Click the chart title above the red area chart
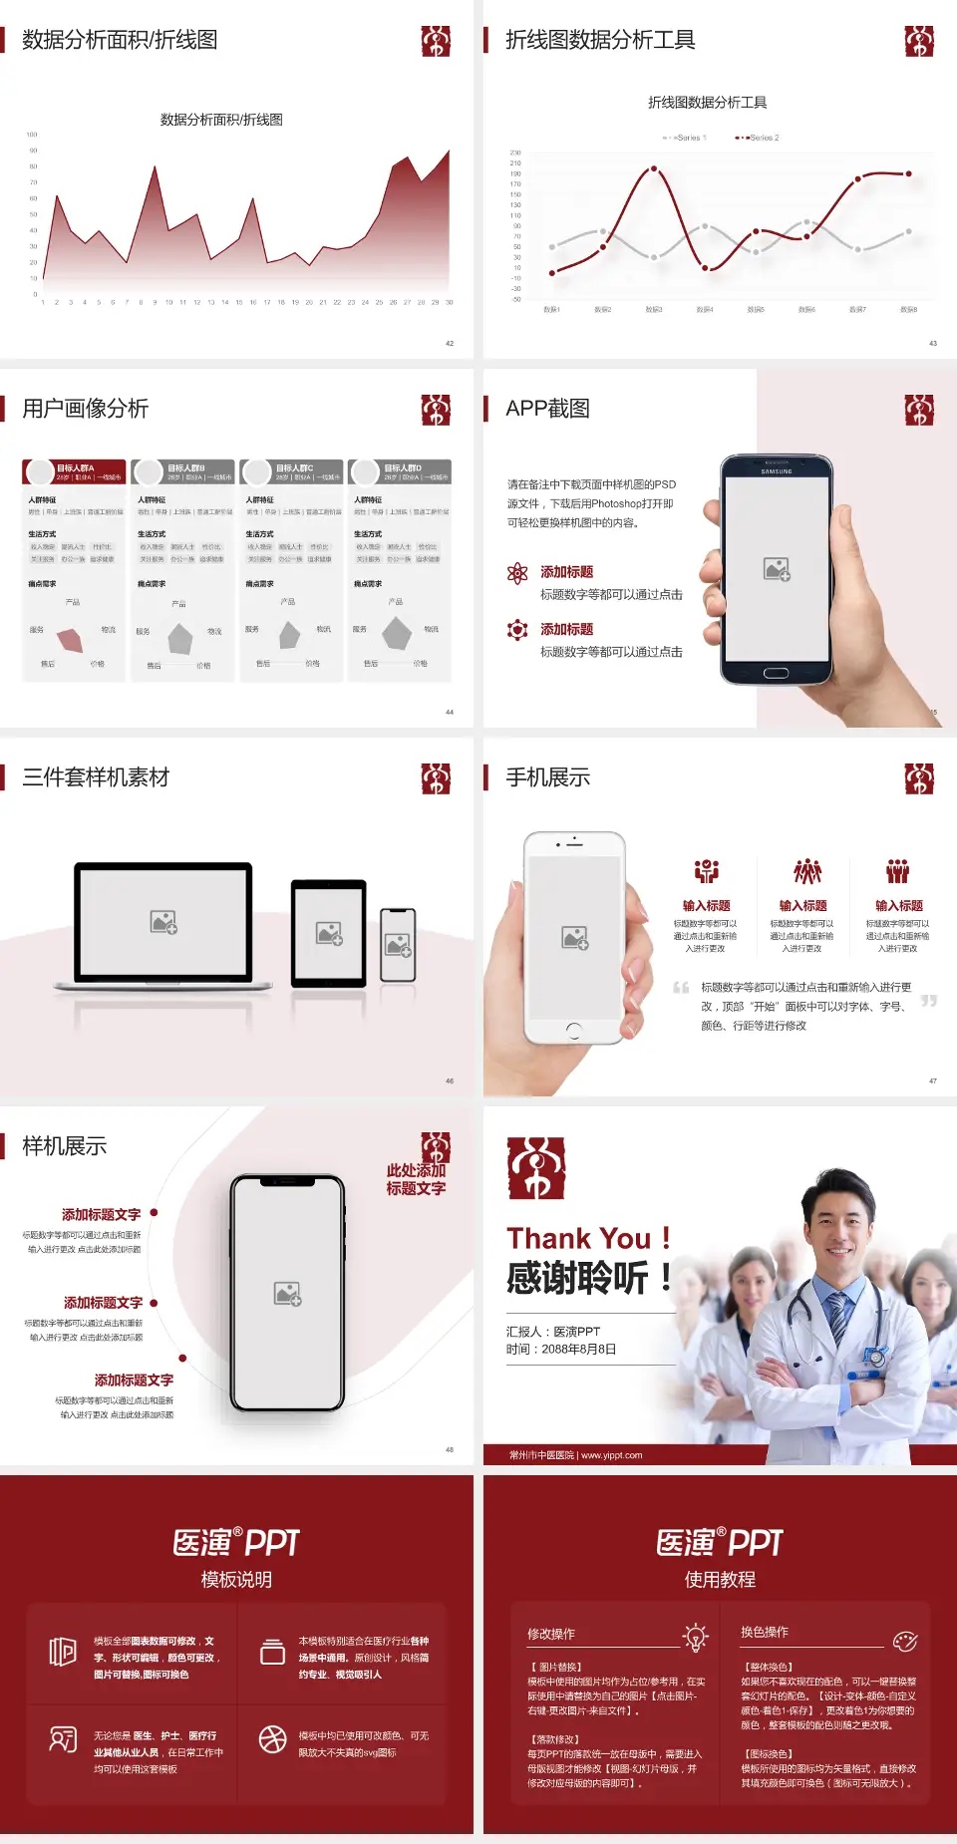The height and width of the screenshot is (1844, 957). coord(221,120)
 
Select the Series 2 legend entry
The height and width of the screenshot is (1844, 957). coord(759,138)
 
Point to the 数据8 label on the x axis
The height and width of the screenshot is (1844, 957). coord(908,310)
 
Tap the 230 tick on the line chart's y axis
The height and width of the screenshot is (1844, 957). coord(515,153)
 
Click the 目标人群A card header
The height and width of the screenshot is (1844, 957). coord(76,470)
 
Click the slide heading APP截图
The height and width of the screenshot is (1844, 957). coord(547,409)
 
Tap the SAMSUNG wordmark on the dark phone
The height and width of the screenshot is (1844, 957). coord(777,471)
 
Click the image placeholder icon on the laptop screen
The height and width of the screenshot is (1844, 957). coord(163,922)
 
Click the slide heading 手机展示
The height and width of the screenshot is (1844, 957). coord(547,777)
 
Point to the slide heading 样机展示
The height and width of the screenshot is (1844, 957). coord(64,1146)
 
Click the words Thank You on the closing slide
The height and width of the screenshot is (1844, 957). coord(578,1239)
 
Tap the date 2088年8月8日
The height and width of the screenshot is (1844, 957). coord(579,1350)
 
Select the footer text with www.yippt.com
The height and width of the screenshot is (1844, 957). coord(576,1455)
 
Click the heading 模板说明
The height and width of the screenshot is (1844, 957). coord(236,1580)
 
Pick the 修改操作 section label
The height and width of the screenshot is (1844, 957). coord(551,1634)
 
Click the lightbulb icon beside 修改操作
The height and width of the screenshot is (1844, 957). coord(695,1636)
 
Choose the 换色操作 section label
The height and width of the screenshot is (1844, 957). coord(765,1632)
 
